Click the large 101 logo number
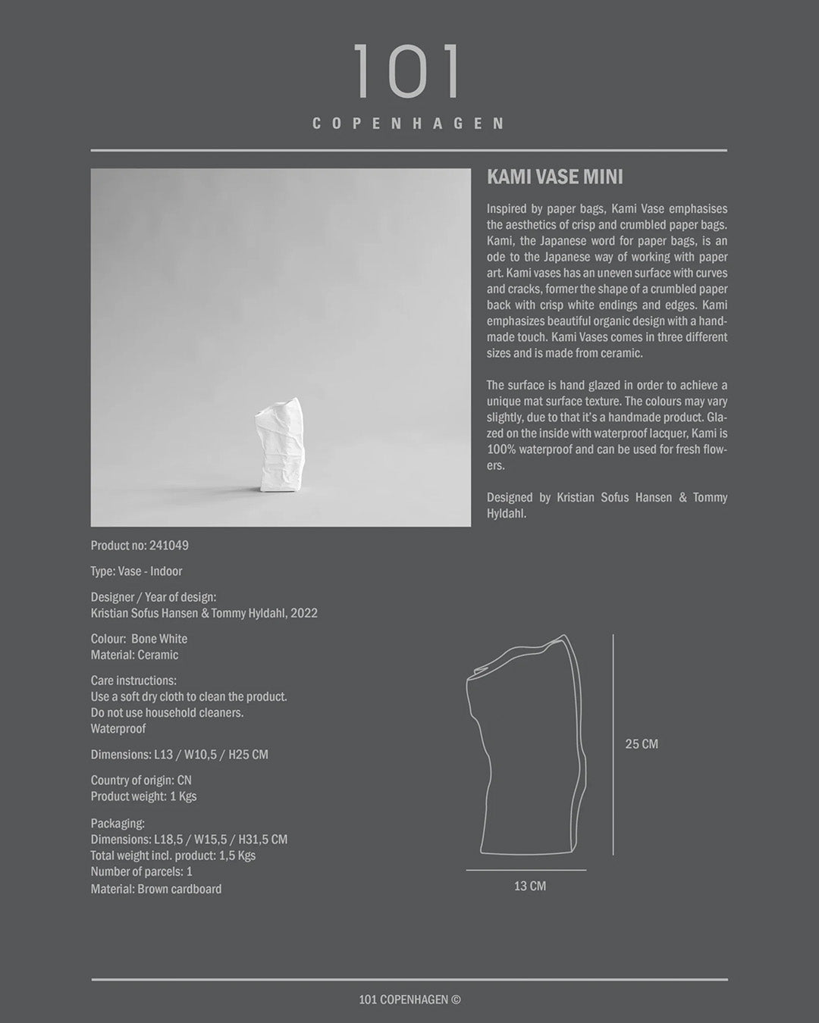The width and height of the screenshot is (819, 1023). (x=407, y=72)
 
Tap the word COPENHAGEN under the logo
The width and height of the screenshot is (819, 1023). (x=409, y=124)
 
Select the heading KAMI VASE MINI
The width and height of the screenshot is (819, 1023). (x=554, y=177)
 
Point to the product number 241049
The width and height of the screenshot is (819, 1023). (x=169, y=546)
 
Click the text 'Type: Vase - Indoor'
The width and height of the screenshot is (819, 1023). (x=136, y=571)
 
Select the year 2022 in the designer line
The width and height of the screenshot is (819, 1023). (x=303, y=613)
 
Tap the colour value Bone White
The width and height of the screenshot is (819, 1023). (x=159, y=639)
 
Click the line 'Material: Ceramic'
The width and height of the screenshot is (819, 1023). (x=134, y=655)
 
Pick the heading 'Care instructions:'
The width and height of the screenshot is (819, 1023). (x=133, y=680)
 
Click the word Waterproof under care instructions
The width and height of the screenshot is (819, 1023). (x=118, y=729)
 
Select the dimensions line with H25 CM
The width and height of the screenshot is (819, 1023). (x=179, y=755)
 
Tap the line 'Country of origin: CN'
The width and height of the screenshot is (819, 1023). (x=141, y=781)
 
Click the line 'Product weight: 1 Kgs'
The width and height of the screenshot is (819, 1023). (x=143, y=796)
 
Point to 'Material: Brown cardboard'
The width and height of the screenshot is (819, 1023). (x=156, y=889)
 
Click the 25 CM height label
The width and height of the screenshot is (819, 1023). (x=642, y=744)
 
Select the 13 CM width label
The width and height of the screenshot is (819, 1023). (x=529, y=886)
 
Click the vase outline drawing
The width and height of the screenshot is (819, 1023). (x=527, y=746)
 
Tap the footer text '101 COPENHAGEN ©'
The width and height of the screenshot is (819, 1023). (x=409, y=1000)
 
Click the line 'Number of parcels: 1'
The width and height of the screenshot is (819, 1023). (x=141, y=872)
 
